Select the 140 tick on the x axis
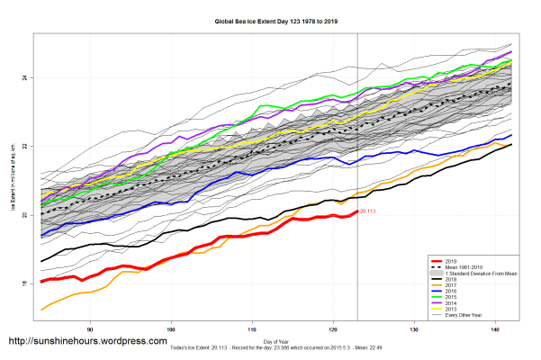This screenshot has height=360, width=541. point(495,329)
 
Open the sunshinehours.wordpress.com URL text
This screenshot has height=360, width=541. point(87,342)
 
